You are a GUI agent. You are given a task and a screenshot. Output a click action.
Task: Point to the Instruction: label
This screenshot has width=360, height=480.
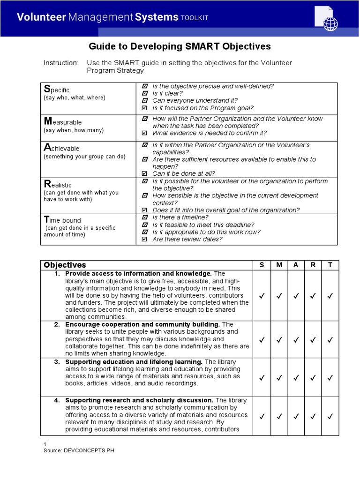61,63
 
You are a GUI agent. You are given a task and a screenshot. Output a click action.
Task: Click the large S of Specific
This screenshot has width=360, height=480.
46,89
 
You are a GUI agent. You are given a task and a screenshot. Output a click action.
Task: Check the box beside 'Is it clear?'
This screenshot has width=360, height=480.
144,93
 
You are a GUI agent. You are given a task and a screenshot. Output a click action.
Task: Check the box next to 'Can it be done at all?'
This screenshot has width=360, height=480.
144,173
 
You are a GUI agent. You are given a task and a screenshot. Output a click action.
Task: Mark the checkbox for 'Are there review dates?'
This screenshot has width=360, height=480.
144,239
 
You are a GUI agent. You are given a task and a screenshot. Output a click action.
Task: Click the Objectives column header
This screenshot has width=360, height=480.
65,265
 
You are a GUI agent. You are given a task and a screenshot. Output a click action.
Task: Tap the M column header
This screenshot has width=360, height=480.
279,265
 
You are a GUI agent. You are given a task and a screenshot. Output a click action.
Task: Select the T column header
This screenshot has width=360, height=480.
330,265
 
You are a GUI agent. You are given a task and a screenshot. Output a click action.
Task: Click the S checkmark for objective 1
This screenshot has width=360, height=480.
262,296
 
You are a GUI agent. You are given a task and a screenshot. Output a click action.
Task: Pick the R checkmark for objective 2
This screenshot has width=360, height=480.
313,339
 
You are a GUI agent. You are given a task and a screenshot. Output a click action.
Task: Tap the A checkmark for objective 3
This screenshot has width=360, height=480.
296,377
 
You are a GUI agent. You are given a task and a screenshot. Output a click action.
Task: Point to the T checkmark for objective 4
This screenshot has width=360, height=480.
330,415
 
